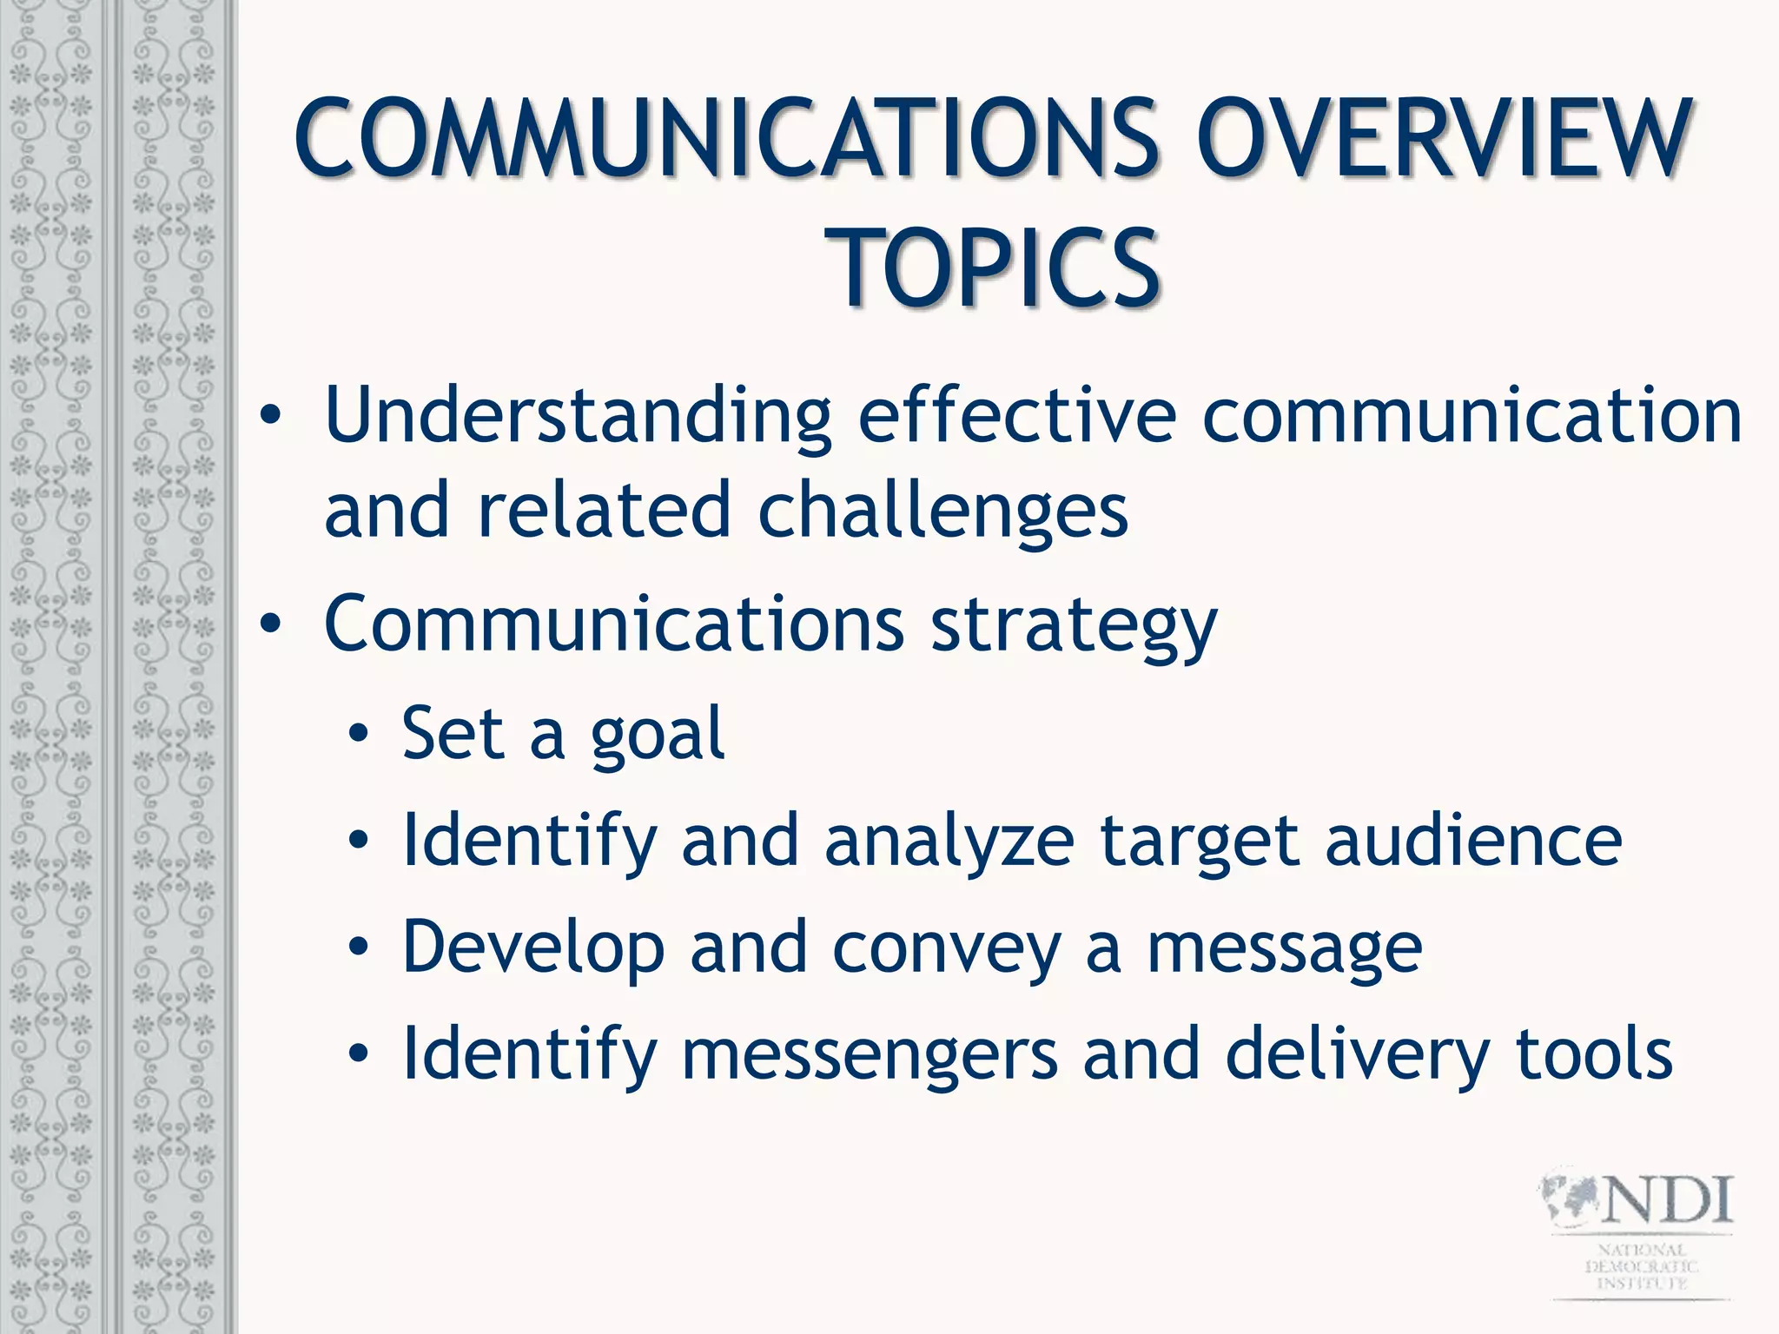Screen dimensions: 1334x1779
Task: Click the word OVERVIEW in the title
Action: tap(1442, 139)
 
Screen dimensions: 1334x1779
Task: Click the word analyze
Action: tap(949, 842)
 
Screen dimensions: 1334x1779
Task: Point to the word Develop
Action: tap(533, 949)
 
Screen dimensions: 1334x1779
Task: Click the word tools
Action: tap(1593, 1054)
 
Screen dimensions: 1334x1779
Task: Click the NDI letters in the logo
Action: tap(1667, 1200)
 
